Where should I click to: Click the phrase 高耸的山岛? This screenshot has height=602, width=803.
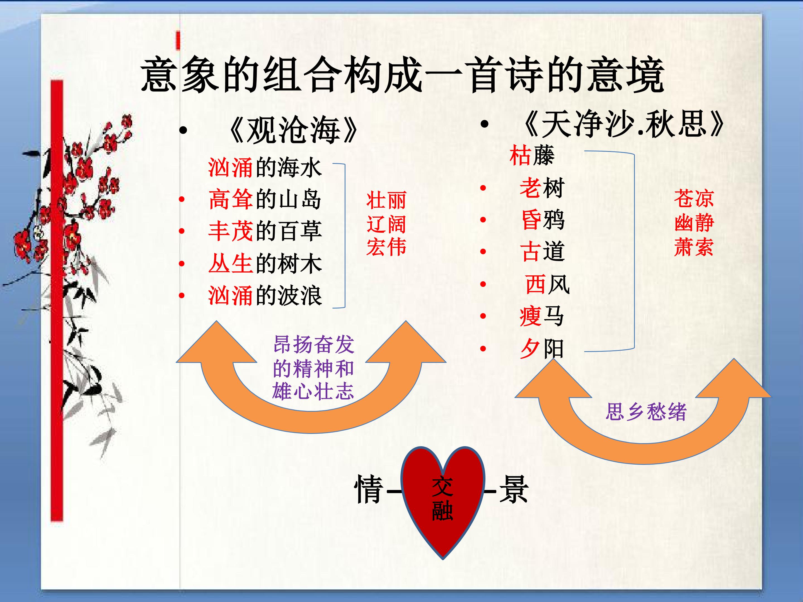(x=265, y=199)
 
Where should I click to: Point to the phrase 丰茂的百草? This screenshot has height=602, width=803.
(x=265, y=231)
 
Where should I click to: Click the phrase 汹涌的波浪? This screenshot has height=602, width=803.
(x=265, y=295)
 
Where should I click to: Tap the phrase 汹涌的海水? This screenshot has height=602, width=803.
(x=265, y=168)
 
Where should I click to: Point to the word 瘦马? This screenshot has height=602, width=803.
(x=542, y=316)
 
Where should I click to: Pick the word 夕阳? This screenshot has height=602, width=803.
(x=542, y=348)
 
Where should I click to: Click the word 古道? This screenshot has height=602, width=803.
(x=542, y=251)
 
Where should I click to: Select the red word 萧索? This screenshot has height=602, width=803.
(x=694, y=247)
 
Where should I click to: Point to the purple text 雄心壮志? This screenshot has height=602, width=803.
(x=313, y=391)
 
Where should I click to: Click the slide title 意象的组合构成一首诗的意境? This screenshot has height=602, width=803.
(x=402, y=75)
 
